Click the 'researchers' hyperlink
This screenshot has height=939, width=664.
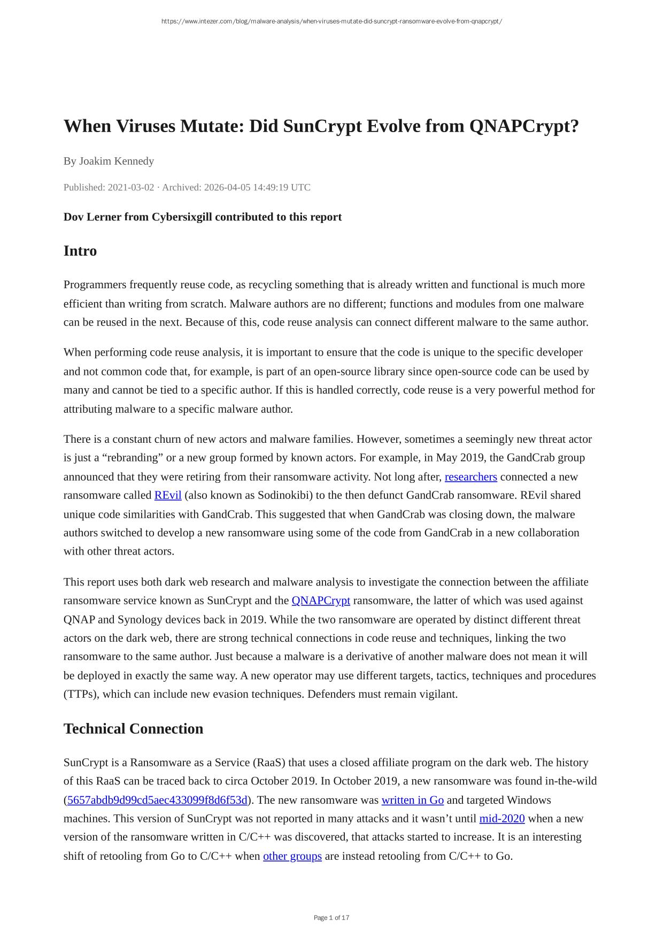pyautogui.click(x=470, y=476)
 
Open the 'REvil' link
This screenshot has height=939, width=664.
pyautogui.click(x=168, y=495)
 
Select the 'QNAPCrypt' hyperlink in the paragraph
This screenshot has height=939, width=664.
pyautogui.click(x=321, y=601)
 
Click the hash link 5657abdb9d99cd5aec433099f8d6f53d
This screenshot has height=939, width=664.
pyautogui.click(x=157, y=800)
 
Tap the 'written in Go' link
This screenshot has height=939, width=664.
pyautogui.click(x=412, y=800)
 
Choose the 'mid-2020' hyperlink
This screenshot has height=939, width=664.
pyautogui.click(x=502, y=819)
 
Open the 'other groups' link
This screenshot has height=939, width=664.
pyautogui.click(x=292, y=856)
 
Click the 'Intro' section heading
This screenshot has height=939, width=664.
pyautogui.click(x=80, y=251)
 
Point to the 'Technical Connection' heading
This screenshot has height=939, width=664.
pyautogui.click(x=133, y=729)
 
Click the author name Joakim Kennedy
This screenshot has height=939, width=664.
pyautogui.click(x=117, y=161)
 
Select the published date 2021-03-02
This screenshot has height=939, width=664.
pyautogui.click(x=131, y=187)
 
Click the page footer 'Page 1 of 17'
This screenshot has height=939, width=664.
pyautogui.click(x=331, y=918)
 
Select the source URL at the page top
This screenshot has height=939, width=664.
pyautogui.click(x=331, y=21)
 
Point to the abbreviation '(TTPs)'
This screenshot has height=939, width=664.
pyautogui.click(x=80, y=695)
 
